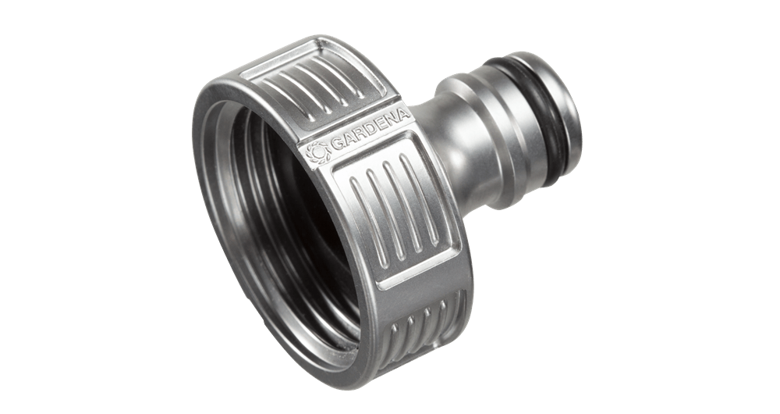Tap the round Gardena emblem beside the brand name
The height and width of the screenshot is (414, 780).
(317, 152)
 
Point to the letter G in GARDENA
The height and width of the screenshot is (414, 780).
(337, 144)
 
